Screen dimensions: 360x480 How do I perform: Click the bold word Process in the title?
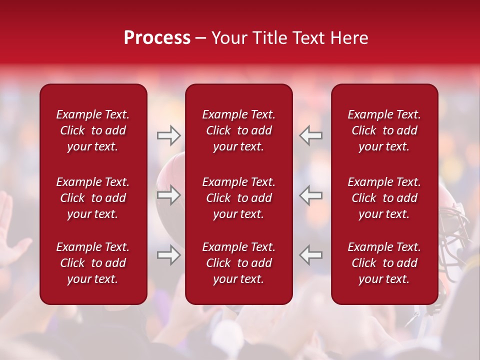[157, 38]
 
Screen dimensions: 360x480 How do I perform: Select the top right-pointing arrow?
[168, 135]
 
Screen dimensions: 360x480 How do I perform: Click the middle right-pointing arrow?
[168, 195]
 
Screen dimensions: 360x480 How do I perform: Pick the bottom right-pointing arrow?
[168, 255]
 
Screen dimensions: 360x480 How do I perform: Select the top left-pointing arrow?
[311, 135]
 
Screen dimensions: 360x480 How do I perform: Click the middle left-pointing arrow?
[311, 195]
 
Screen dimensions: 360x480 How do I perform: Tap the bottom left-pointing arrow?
[311, 255]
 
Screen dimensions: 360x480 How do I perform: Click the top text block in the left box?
[93, 130]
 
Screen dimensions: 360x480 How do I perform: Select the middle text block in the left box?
[93, 198]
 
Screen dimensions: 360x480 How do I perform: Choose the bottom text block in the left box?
[93, 263]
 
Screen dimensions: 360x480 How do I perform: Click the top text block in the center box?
[238, 130]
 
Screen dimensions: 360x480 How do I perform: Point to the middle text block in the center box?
[238, 198]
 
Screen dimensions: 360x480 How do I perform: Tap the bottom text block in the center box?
[238, 263]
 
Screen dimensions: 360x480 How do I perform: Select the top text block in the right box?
[384, 130]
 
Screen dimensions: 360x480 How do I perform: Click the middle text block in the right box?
[384, 198]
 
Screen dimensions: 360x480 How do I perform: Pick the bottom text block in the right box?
[384, 263]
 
